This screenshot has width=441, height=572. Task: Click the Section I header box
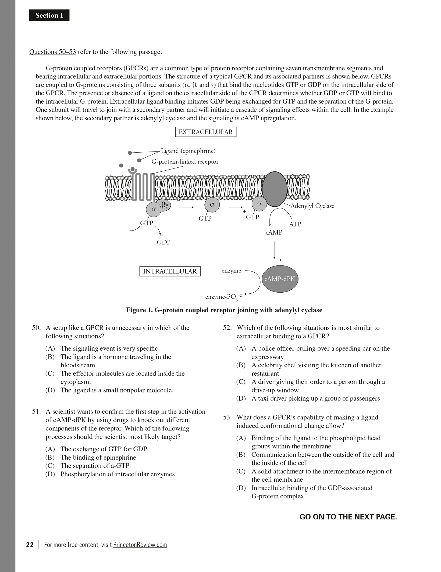pos(49,15)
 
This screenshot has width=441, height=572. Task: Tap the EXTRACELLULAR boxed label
pos(206,132)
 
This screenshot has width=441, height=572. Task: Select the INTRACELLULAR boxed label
pos(170,271)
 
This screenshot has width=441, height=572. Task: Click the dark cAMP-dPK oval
pos(280,279)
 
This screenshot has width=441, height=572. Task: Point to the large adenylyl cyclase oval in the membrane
pos(275,189)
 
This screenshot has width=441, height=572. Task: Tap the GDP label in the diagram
pos(163,242)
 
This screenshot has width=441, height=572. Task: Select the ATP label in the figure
pos(295,224)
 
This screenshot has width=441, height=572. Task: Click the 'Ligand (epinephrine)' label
pos(188,151)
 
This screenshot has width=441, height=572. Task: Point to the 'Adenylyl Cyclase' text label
pos(312,206)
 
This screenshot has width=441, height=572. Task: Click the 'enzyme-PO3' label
pos(223,297)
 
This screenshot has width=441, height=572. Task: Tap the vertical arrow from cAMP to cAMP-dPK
pos(274,250)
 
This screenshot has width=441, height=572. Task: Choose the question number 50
pos(36,328)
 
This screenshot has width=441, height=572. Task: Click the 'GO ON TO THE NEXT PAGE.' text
pos(348,517)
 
